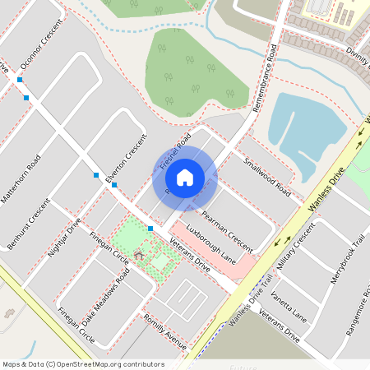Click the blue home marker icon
tap(185, 177)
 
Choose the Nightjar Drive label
tap(65, 239)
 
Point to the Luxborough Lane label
tap(210, 243)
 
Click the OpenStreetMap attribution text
tap(83, 364)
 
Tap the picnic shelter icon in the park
tap(139, 256)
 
